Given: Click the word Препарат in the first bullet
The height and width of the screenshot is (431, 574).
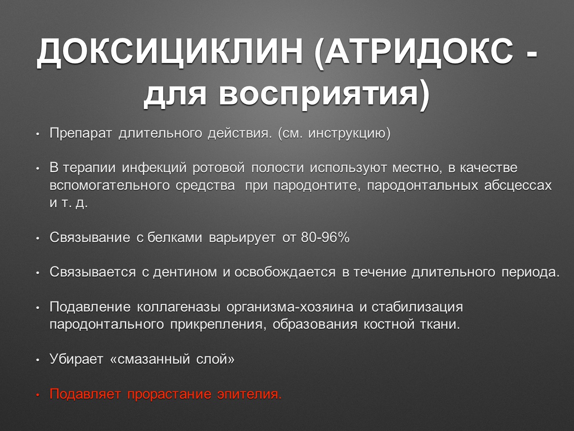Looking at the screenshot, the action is coord(81,133).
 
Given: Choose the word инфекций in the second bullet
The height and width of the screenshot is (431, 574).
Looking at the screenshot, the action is coord(154,168).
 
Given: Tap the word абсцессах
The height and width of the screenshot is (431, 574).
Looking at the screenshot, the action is coord(518,186).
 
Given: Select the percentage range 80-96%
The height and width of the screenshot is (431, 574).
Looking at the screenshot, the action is coord(325,238).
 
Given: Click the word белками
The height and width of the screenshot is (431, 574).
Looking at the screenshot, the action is coord(175,238).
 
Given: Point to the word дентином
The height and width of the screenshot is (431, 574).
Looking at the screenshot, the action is coord(185,272).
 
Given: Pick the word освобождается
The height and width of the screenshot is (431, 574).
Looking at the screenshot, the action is coord(285,272).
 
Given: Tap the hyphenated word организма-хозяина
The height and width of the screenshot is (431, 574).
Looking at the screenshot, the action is coord(290,307).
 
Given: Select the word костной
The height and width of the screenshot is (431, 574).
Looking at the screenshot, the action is coord(389,325).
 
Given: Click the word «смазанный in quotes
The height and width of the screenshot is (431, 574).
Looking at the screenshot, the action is coord(150,359).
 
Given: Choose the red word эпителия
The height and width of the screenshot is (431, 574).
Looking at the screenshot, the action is coord(249,394).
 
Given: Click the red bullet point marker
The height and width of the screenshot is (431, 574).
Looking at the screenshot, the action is coord(38,395).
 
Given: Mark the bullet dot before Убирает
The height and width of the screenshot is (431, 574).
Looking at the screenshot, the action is coord(38,360).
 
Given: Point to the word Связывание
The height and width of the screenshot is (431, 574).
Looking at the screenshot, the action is coord(90,238).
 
